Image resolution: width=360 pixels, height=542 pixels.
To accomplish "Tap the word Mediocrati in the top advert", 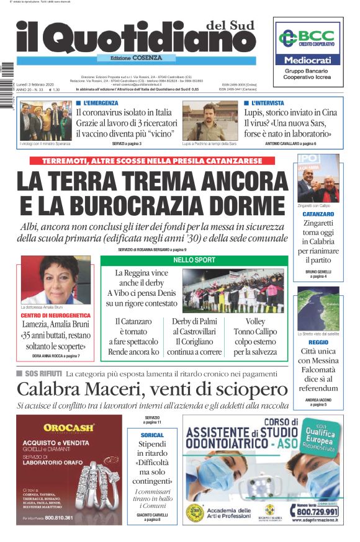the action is (x=308, y=60).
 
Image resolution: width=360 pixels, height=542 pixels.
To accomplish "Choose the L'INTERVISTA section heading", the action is (x=267, y=103).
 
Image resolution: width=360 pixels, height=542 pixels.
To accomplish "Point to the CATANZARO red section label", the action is (x=318, y=214).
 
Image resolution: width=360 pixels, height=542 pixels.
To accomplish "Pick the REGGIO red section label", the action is (x=318, y=342).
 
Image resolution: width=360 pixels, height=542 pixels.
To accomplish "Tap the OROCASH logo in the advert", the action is (x=69, y=427).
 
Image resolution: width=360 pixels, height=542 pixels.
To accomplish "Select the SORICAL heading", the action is (x=152, y=435).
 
